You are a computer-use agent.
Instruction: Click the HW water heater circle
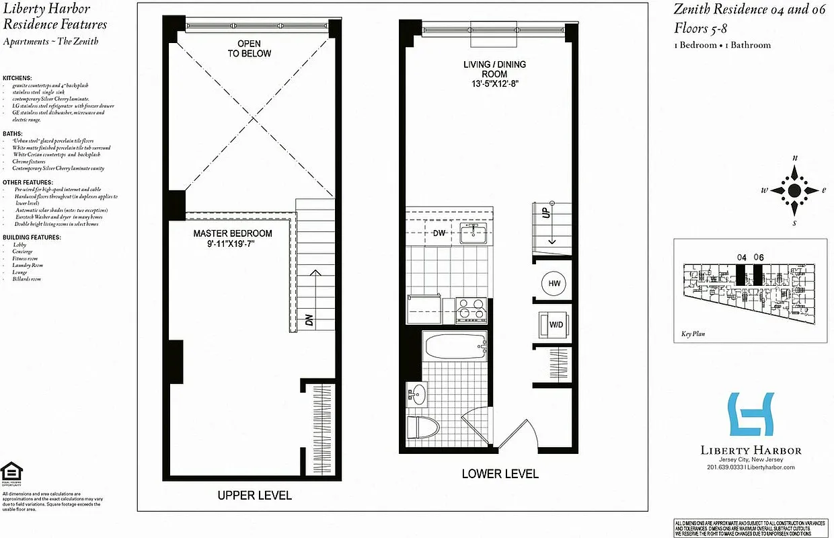coord(554,284)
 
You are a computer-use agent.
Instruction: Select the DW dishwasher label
coord(439,233)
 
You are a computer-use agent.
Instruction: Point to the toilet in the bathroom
coord(423,427)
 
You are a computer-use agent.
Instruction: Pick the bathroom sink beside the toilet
coord(418,393)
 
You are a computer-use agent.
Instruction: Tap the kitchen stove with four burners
coord(471,311)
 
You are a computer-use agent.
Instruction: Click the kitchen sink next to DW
coord(475,234)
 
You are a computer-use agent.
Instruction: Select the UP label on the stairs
coord(547,212)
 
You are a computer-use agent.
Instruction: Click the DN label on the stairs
coord(309,319)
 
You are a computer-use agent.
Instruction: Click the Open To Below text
coord(249,48)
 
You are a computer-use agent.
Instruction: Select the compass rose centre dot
coord(794,190)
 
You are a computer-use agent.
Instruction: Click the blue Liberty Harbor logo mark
coord(751,414)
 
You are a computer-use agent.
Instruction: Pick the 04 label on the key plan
coord(742,257)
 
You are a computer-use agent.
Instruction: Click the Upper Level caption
coord(254,496)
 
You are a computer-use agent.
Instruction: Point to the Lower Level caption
coord(500,474)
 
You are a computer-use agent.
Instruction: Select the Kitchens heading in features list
coord(17,78)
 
